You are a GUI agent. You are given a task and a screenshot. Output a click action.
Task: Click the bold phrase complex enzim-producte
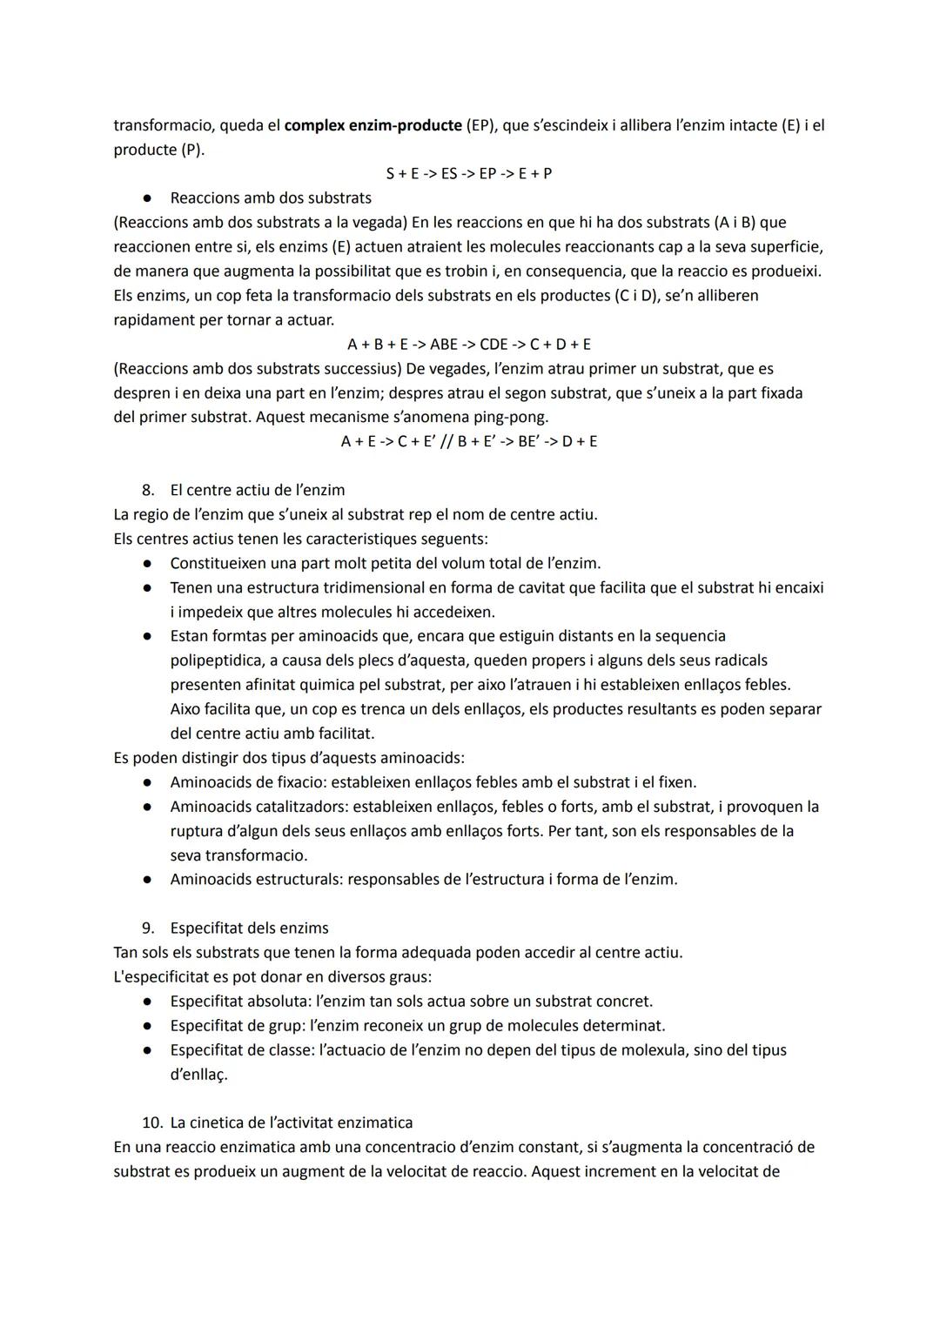[373, 125]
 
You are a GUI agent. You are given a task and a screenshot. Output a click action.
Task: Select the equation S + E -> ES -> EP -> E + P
[469, 174]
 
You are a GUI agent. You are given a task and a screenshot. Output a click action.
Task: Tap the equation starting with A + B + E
[469, 345]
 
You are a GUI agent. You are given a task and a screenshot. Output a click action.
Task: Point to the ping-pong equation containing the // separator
[469, 442]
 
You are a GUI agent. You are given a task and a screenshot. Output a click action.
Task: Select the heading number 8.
[148, 491]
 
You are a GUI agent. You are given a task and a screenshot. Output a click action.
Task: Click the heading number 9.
[148, 928]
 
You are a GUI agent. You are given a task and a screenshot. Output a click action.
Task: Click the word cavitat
[531, 588]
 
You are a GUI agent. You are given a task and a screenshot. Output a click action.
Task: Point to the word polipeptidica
[221, 661]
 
